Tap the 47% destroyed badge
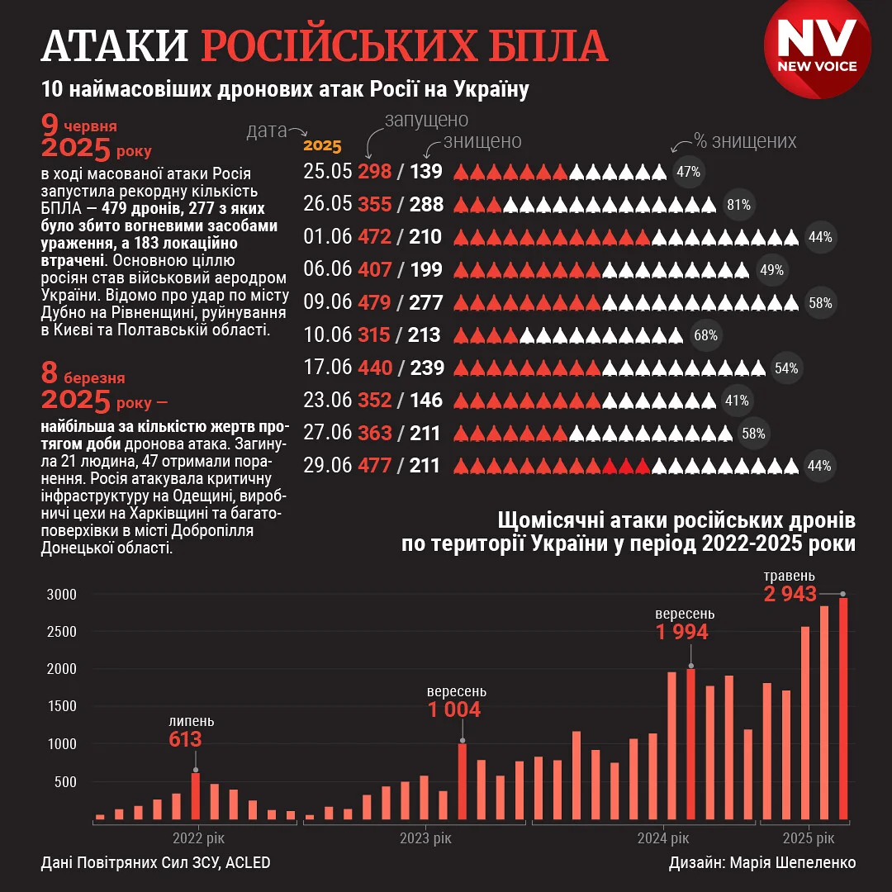click(x=688, y=173)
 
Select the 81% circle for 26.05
click(x=738, y=205)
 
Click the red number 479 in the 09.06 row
click(x=374, y=303)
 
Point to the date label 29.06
click(x=328, y=466)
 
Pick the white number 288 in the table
click(x=426, y=205)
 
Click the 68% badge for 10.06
click(x=705, y=336)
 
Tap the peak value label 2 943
click(x=790, y=594)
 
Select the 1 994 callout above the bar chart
click(x=682, y=632)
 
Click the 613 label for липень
click(x=185, y=738)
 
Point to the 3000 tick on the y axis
click(x=61, y=595)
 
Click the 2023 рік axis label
click(x=426, y=838)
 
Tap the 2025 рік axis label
click(x=809, y=838)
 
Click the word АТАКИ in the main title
click(x=115, y=47)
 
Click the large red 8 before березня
click(x=50, y=373)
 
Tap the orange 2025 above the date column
click(x=322, y=146)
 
